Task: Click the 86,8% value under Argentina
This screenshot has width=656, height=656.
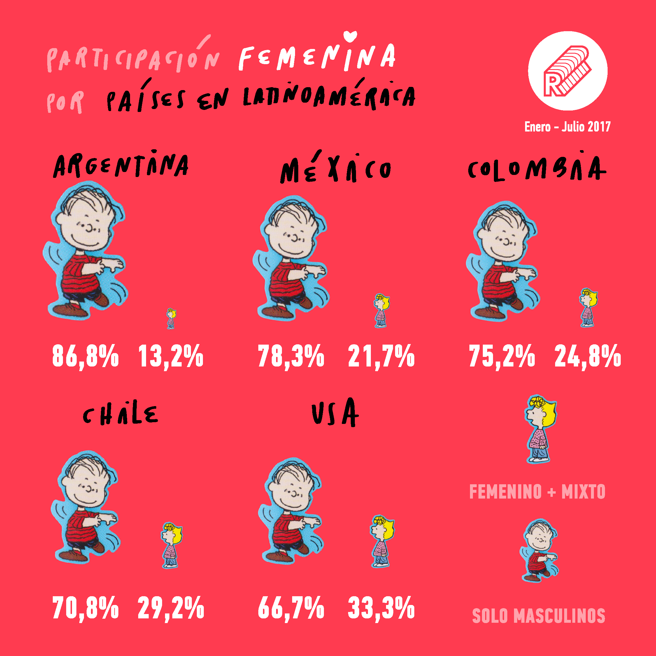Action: pos(85,356)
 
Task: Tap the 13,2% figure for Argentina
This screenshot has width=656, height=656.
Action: pos(171,356)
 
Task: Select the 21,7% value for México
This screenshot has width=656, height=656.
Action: pos(381,356)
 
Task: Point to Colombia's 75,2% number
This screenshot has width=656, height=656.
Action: pos(502,356)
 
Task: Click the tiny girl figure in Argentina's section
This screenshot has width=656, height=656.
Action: pos(171,318)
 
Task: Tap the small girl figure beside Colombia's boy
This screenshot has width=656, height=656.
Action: pos(588,308)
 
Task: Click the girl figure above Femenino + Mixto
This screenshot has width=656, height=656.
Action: pos(540,429)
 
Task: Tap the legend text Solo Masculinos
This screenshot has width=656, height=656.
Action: pos(539,616)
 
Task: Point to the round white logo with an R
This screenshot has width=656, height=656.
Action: pos(567,71)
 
